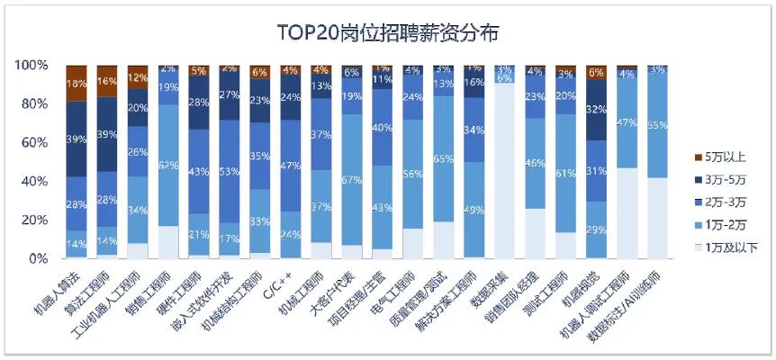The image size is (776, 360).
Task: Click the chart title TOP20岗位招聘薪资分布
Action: click(387, 33)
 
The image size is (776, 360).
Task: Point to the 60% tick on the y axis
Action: click(32, 142)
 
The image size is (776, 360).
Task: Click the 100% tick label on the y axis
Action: click(30, 66)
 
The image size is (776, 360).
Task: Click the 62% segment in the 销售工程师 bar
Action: click(168, 166)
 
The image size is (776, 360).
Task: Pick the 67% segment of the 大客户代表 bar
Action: click(351, 179)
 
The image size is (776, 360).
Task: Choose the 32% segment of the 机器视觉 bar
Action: click(595, 110)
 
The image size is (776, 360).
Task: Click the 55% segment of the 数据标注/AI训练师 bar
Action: click(657, 124)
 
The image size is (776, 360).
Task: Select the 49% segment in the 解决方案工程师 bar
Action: click(474, 210)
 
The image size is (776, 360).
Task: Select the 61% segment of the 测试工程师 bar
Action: click(565, 174)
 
